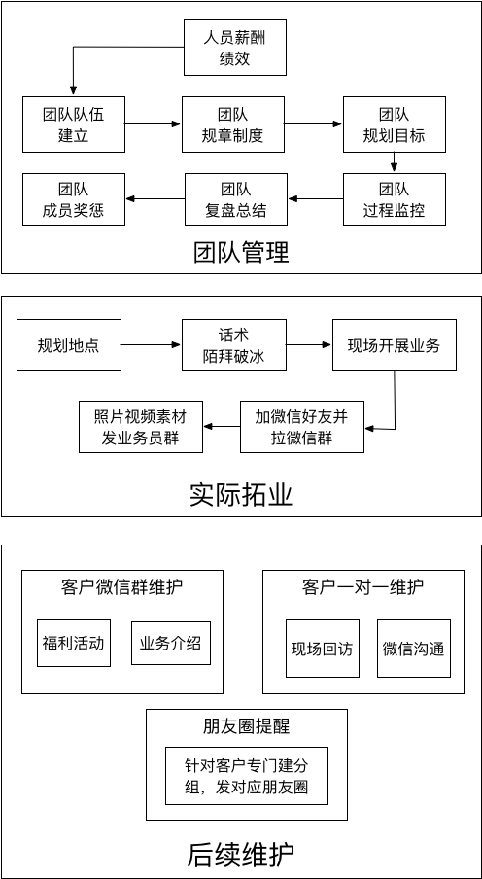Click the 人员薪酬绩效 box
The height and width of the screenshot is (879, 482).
tap(235, 49)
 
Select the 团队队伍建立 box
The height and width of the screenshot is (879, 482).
tap(73, 124)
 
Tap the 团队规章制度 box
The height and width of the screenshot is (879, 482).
tap(235, 124)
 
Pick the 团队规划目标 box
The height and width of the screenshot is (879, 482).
tap(394, 124)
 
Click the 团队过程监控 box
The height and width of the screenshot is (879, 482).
tap(394, 199)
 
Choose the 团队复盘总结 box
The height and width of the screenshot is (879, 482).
tap(235, 199)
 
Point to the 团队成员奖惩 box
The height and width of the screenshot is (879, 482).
tap(73, 199)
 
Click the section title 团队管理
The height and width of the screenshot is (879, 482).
tap(241, 253)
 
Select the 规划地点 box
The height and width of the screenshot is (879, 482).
tap(69, 345)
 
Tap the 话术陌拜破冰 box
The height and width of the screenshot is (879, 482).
tap(235, 345)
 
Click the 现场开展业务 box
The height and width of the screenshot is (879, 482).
tap(394, 345)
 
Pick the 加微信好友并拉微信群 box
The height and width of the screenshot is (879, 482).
tap(301, 426)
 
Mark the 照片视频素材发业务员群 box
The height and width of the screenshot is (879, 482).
tap(141, 426)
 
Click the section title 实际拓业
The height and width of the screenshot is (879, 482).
tap(241, 495)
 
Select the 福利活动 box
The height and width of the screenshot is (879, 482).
tap(73, 643)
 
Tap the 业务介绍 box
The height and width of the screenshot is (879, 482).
tap(171, 643)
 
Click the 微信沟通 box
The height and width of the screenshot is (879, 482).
tap(413, 649)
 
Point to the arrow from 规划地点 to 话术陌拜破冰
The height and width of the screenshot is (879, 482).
tap(152, 345)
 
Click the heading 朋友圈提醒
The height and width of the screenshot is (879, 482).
tap(246, 726)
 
